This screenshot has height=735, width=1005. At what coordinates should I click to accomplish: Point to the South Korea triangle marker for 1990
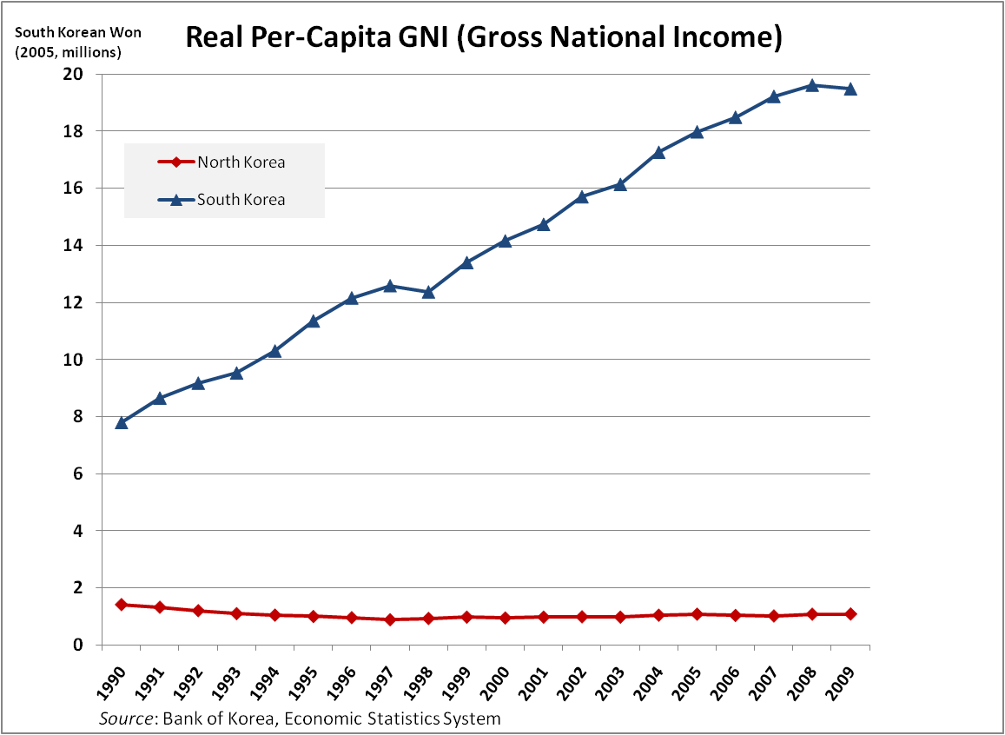pos(122,423)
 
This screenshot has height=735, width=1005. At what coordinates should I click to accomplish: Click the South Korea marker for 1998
pos(428,292)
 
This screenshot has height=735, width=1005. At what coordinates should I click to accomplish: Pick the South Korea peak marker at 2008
pos(811,85)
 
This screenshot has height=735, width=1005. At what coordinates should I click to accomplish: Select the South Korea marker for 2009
pos(850,89)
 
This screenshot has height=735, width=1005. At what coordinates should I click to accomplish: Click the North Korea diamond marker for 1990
pos(122,605)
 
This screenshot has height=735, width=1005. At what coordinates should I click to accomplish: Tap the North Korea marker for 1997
pos(390,619)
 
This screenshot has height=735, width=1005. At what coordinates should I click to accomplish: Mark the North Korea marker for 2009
pos(850,614)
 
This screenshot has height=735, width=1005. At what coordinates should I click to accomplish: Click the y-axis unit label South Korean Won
pos(66,32)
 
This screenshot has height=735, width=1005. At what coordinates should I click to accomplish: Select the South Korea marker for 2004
pos(658,153)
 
